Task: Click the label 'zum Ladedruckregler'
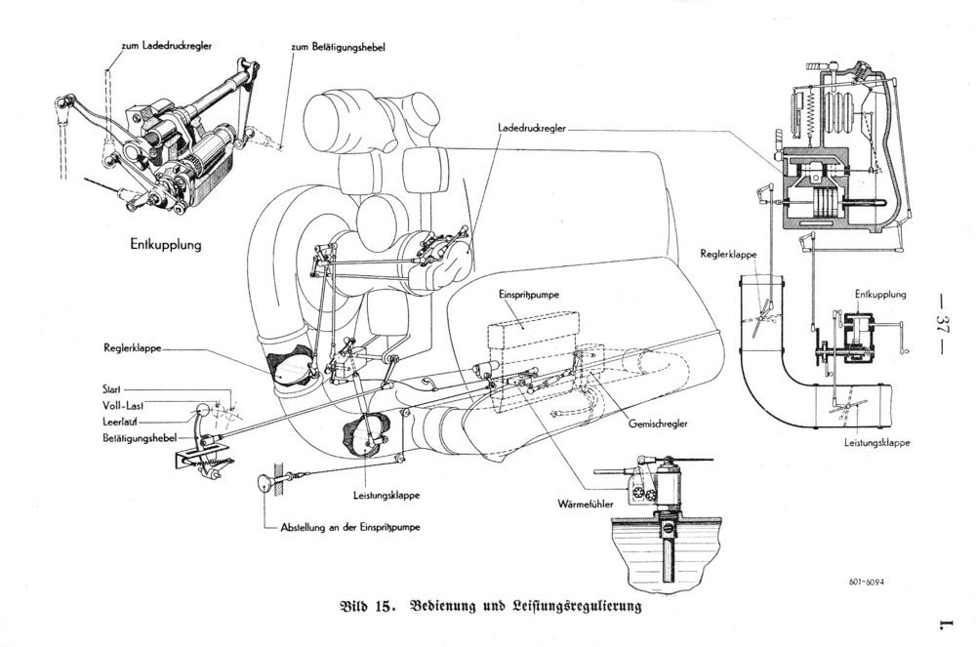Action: tap(166, 46)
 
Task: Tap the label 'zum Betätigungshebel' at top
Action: tap(338, 47)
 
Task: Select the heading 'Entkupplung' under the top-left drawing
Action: tap(166, 245)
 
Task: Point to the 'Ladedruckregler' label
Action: tap(532, 128)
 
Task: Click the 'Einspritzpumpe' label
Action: tap(528, 295)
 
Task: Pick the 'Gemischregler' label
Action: tap(658, 424)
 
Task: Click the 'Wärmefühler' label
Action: tap(585, 504)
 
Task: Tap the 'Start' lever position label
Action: tap(111, 390)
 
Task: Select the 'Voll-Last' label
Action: tap(123, 405)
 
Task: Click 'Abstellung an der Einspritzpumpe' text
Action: tap(350, 527)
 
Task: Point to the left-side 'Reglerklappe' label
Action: tap(133, 348)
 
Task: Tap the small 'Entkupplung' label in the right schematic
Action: tap(880, 295)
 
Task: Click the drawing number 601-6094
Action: tap(866, 583)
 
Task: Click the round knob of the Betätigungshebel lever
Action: tap(203, 411)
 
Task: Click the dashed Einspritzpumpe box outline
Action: tap(534, 322)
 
